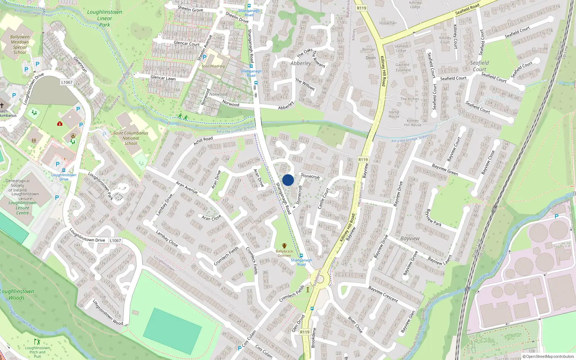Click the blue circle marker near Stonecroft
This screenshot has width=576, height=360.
click(x=288, y=180)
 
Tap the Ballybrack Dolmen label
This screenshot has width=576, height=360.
click(x=284, y=253)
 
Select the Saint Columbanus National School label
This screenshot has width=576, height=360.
click(x=131, y=138)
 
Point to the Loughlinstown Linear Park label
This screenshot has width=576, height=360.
click(x=104, y=18)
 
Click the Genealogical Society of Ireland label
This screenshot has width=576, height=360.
click(x=17, y=185)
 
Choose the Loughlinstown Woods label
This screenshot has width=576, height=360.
click(x=17, y=294)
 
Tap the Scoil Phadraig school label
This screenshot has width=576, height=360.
click(x=213, y=66)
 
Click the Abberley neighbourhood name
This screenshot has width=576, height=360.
click(x=301, y=63)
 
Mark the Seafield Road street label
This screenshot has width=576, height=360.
click(x=467, y=9)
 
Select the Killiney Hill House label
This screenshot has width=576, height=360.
click(x=413, y=123)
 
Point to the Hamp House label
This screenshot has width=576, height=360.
click(x=394, y=114)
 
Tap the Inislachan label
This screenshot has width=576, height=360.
click(x=388, y=23)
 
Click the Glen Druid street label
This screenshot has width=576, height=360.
click(x=298, y=323)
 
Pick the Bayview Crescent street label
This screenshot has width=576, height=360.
click(x=383, y=294)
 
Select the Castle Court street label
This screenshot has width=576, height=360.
click(x=323, y=198)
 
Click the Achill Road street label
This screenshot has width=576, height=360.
click(x=203, y=141)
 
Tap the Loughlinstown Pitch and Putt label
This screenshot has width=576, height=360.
click(x=37, y=352)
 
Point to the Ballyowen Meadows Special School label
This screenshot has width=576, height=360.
click(x=20, y=45)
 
